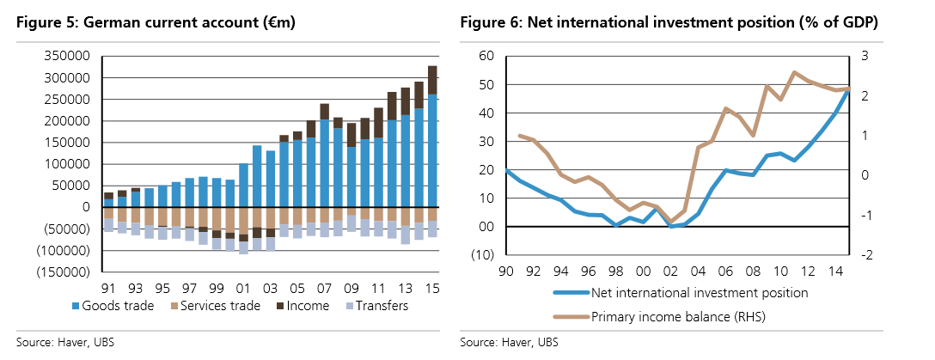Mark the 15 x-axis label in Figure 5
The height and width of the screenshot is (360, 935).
431,288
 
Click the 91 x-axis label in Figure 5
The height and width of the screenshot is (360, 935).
109,288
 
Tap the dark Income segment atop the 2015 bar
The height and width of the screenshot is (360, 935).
431,80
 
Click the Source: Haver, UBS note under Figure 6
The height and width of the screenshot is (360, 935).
508,343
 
